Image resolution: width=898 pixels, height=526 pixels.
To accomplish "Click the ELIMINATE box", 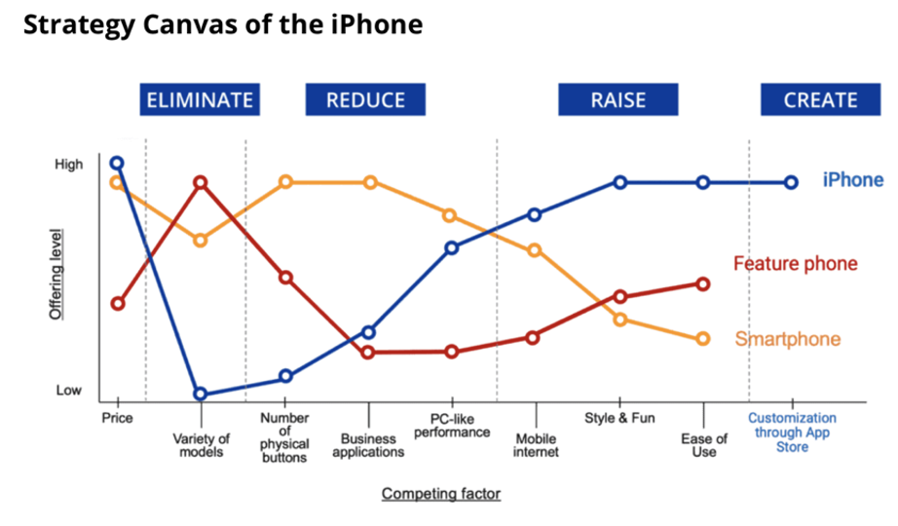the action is pos(200,99).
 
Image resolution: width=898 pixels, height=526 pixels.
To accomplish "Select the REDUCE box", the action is pos(365,99).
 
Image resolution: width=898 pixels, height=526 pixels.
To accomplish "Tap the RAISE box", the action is pos(618,99).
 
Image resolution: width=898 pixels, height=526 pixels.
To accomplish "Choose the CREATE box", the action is pos(821,99).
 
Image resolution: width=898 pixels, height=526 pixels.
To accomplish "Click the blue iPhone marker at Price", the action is pos(117,164).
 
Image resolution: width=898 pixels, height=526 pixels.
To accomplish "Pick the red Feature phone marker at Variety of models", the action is pos(200,183).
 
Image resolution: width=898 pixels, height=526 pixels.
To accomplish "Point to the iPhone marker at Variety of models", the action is pos(200,394).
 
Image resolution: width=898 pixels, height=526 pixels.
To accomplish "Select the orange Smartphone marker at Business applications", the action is pos(370,183).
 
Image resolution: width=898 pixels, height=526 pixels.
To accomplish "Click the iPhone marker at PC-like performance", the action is pos(452,248).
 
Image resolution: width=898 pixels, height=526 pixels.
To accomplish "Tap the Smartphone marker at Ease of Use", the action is pos(703,339).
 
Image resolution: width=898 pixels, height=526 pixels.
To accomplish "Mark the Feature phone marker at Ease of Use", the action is pos(703,284).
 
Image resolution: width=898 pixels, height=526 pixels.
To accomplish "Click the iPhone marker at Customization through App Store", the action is pos(791,183).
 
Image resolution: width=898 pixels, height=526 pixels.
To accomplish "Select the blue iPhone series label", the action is pos(853,180).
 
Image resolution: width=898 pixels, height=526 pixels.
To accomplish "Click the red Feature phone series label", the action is pos(796,264).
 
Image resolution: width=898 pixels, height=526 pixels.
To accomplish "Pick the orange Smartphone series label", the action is pos(788,339).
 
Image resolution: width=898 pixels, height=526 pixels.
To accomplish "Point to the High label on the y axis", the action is pos(69,165).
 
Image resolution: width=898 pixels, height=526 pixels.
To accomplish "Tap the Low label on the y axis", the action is pos(69,391).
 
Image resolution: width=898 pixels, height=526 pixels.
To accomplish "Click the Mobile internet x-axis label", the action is pos(536,445).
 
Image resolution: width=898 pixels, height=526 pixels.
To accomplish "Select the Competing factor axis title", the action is pos(441,493).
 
